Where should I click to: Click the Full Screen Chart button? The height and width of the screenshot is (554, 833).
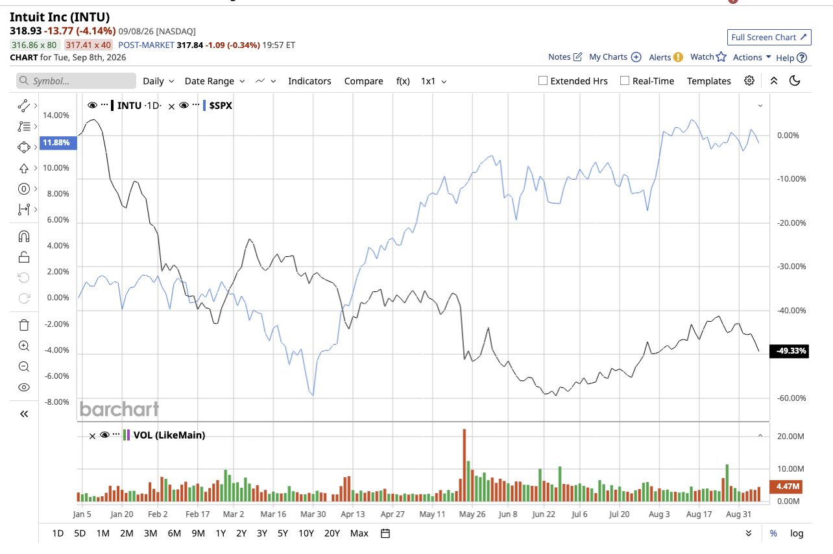tap(769, 37)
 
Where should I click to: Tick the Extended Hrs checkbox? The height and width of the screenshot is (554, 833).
tap(543, 80)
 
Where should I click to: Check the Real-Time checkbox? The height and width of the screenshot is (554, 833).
tap(625, 80)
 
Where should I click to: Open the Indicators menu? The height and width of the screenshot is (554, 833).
tap(309, 81)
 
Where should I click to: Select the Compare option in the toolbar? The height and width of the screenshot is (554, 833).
tap(363, 81)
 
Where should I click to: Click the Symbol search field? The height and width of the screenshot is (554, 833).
tap(77, 80)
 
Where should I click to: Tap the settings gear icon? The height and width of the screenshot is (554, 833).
tap(749, 80)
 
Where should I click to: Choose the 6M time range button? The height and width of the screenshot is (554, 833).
tap(174, 533)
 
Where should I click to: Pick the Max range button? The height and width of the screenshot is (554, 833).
tap(359, 533)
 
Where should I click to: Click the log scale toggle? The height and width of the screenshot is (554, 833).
tap(797, 533)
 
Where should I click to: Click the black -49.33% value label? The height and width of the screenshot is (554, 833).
tap(789, 350)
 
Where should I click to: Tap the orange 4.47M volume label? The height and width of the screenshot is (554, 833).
tap(786, 487)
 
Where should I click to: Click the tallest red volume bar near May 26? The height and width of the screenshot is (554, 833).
tap(464, 465)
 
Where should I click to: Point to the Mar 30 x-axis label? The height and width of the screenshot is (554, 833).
tap(313, 514)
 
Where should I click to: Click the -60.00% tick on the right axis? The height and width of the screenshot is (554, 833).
tap(791, 398)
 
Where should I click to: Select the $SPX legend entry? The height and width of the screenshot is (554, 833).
tap(221, 106)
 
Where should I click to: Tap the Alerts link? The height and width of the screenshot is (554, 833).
tap(660, 57)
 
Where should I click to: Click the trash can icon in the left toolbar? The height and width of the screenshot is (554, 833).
tap(24, 325)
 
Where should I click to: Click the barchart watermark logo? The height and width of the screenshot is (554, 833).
tap(119, 409)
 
